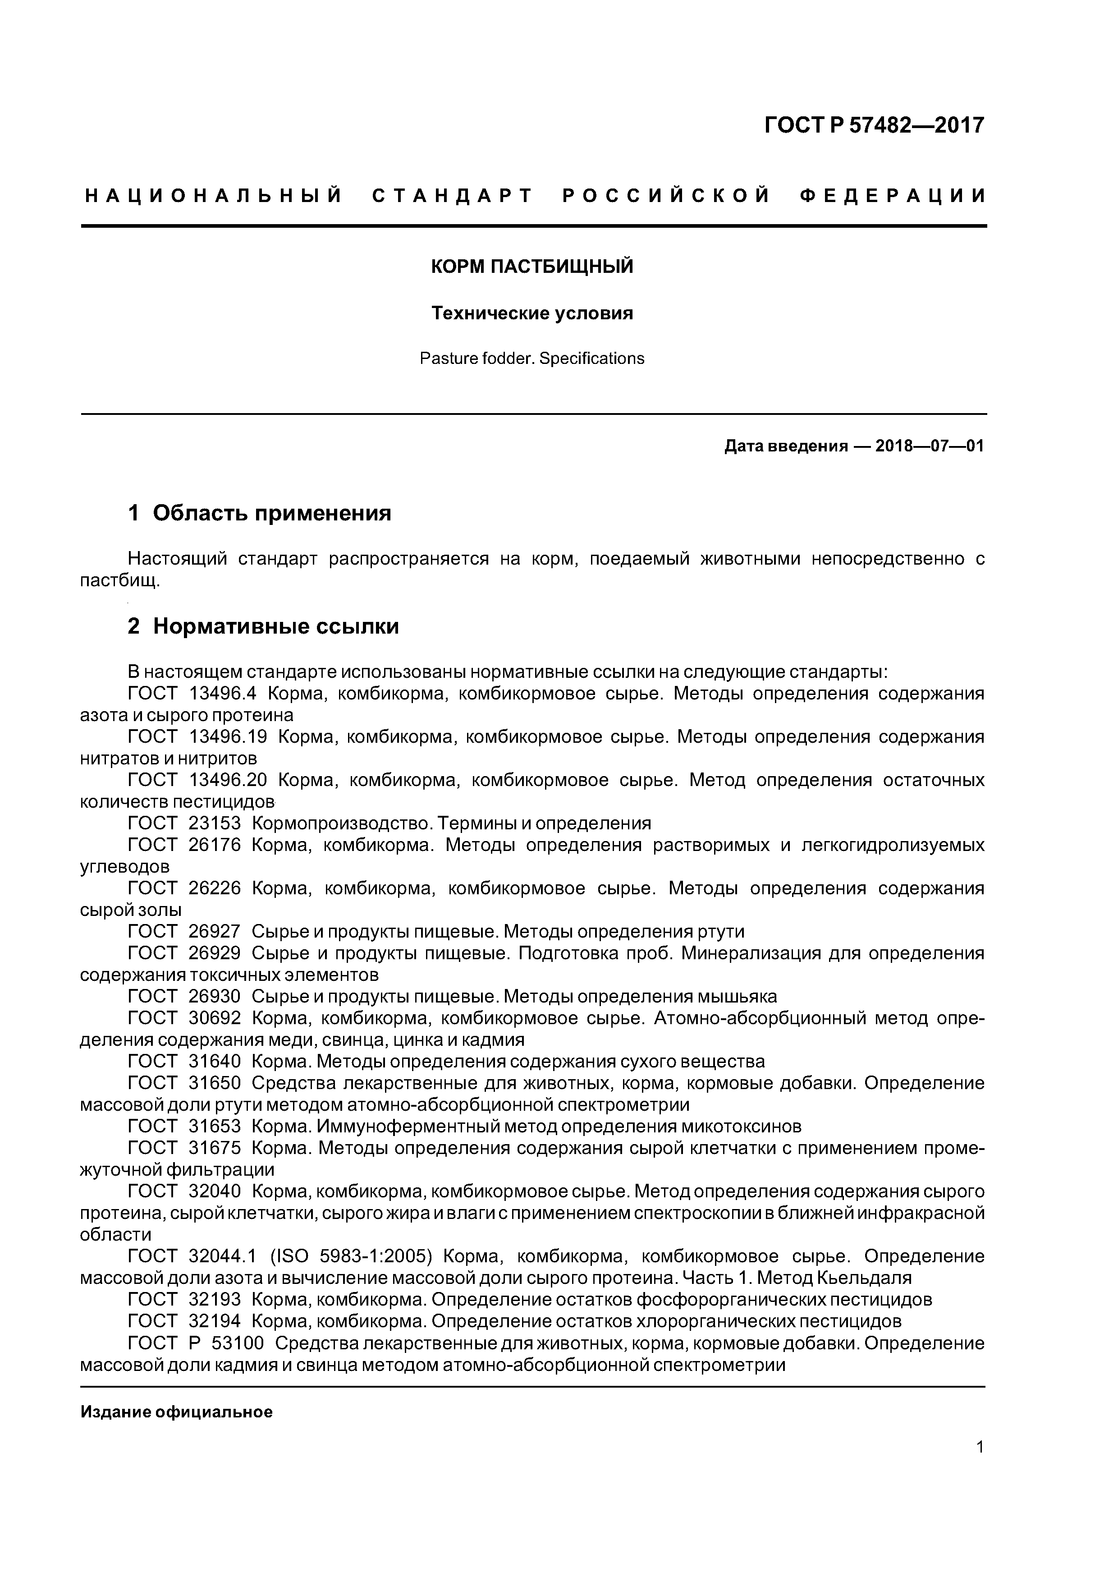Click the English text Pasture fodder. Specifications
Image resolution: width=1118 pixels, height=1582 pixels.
pos(532,358)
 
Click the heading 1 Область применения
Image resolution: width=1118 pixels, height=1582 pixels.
pos(260,513)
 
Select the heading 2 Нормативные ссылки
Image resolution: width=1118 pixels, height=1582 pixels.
pos(263,626)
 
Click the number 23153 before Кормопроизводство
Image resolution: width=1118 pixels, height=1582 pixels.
pos(214,823)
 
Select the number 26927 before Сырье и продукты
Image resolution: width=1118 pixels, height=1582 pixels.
pos(214,932)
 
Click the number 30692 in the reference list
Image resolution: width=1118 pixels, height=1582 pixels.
pos(214,1018)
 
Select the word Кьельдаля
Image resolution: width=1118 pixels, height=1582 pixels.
pos(864,1278)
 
